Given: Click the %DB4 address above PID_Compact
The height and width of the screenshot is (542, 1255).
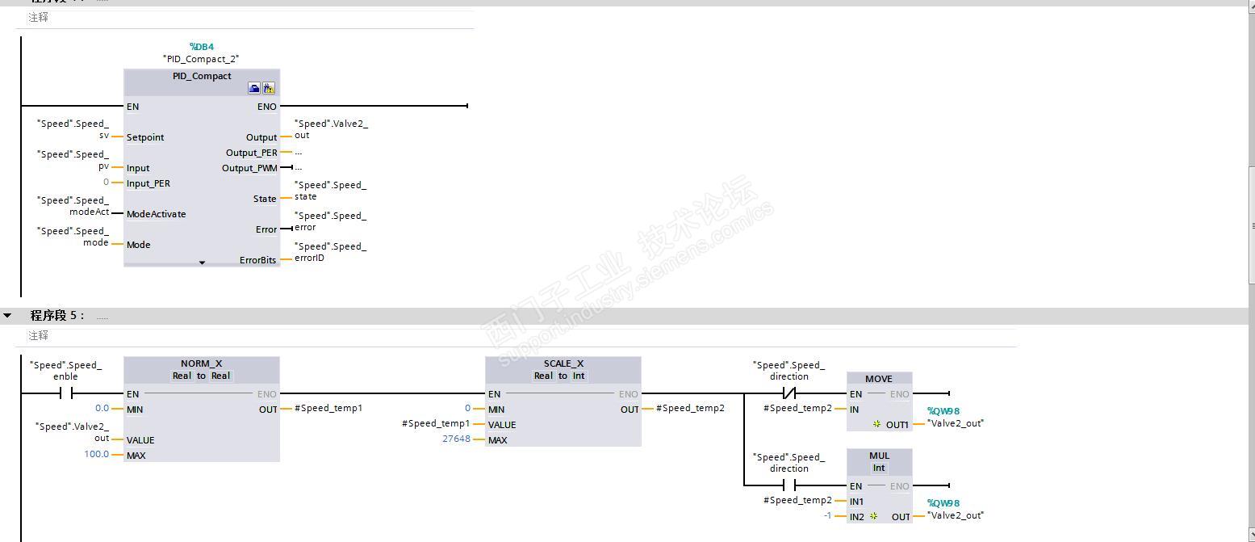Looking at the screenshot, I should pos(201,47).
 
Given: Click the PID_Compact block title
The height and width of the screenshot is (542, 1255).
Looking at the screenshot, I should pos(202,76).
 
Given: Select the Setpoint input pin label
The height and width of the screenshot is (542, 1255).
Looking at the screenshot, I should pos(145,137).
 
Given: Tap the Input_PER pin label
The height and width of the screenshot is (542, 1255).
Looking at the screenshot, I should pos(149,183).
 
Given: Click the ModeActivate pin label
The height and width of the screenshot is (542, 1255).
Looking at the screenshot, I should pos(156,214).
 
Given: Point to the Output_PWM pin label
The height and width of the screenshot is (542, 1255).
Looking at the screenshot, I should pos(249,168).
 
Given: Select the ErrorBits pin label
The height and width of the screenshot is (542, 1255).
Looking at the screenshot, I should pos(257,260).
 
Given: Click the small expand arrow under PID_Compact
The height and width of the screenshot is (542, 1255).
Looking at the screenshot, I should pos(202,263).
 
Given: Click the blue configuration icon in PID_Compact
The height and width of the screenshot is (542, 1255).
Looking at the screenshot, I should pos(254,89).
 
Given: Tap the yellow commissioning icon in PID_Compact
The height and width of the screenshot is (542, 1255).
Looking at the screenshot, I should pos(268,89).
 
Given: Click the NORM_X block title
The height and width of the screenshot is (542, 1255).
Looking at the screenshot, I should pos(201,363).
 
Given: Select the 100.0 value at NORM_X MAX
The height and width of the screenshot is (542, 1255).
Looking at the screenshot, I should pos(96,454).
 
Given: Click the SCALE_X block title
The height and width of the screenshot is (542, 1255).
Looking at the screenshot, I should pos(563,363).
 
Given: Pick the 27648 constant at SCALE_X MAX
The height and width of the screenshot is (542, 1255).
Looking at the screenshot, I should pos(456,439).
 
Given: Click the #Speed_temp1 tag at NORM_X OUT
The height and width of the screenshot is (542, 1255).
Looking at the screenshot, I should pos(328,408).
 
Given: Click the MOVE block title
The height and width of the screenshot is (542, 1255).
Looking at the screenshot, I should pos(879,379).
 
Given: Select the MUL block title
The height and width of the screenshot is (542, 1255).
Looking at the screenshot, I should pos(879,456).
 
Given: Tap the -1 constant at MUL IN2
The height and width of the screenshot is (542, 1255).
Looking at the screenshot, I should pos(827,515).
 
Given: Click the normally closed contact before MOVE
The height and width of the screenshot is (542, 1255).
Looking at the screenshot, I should pos(789,393).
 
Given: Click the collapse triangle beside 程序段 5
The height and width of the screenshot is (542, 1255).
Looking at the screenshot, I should pos(7,315).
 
